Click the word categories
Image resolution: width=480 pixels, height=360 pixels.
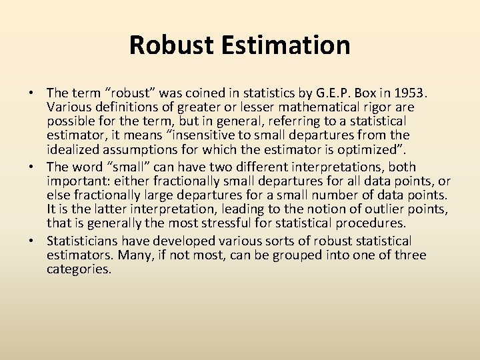tap(78, 270)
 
